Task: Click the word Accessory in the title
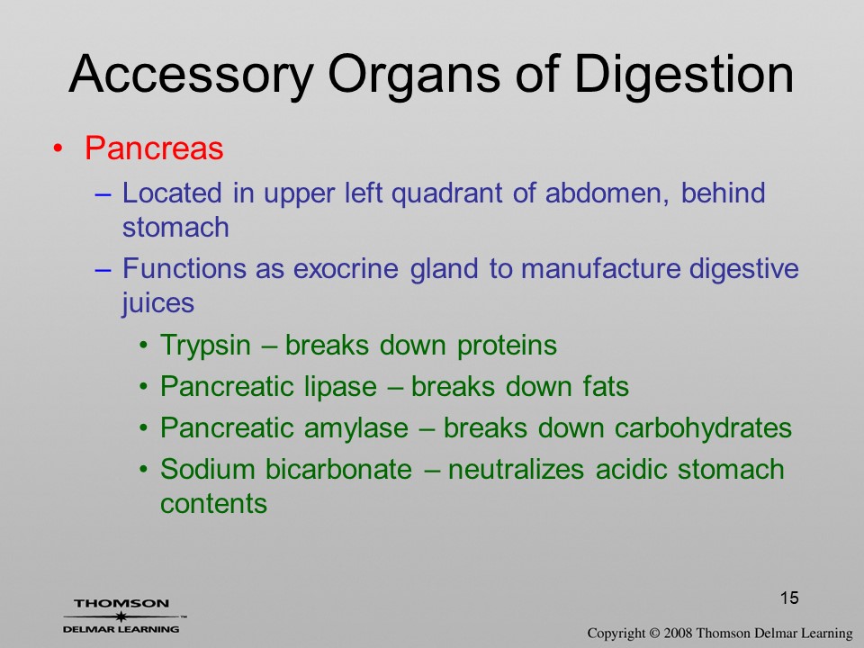(x=192, y=76)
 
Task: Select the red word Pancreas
(x=154, y=148)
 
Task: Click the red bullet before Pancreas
(x=58, y=148)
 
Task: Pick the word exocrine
(x=346, y=269)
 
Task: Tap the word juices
(x=158, y=303)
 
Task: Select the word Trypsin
(x=205, y=346)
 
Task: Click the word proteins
(x=507, y=346)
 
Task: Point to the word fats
(x=606, y=387)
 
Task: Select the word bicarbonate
(x=338, y=470)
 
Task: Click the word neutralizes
(x=517, y=470)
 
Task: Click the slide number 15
(x=789, y=598)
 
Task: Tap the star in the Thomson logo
(x=121, y=616)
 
